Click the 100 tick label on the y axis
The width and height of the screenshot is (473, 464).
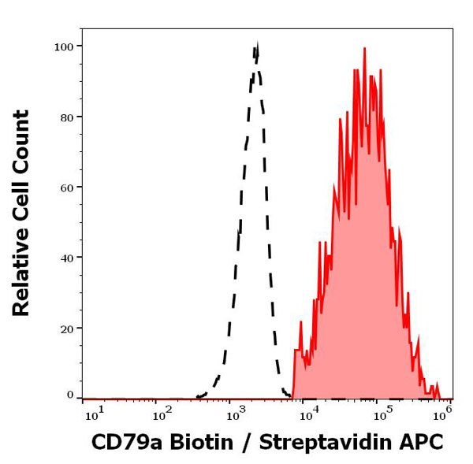[63, 46]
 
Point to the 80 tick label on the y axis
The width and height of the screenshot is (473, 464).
[66, 117]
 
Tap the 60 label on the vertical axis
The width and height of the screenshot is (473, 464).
[66, 187]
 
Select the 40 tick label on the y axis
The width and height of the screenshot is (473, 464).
[66, 258]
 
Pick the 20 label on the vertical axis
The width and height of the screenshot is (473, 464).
[66, 329]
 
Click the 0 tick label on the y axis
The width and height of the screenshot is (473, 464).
[70, 395]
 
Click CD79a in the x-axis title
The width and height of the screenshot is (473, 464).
[122, 443]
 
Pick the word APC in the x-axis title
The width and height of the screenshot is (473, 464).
[423, 443]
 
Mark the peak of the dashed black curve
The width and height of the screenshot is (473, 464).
[256, 47]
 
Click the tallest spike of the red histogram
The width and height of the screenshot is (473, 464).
[364, 48]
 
